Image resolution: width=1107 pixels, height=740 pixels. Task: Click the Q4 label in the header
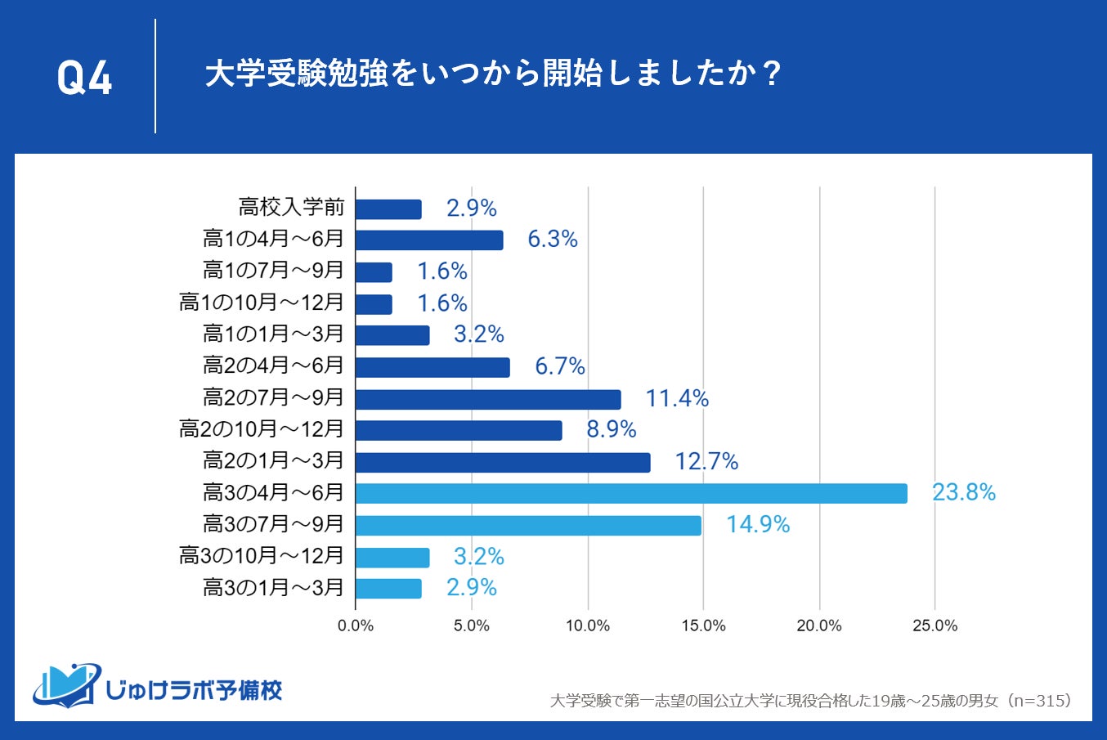click(84, 78)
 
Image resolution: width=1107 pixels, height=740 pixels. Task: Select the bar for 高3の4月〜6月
click(631, 493)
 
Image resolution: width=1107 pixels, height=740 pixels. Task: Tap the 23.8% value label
click(964, 492)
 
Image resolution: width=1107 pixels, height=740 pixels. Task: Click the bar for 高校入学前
click(388, 209)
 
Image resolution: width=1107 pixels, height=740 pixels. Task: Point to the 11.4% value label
click(677, 398)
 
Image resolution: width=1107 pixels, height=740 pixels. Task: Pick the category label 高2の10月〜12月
click(262, 429)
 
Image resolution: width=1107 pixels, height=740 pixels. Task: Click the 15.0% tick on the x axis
click(703, 626)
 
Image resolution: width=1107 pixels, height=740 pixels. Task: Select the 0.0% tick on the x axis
click(356, 626)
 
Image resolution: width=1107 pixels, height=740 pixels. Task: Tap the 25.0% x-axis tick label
click(934, 626)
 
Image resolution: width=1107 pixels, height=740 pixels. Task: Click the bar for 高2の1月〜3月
click(503, 462)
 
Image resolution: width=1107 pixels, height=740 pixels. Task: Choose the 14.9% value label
click(758, 524)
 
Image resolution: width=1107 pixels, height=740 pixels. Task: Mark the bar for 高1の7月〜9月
click(374, 272)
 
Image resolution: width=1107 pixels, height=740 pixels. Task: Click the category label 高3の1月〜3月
click(273, 588)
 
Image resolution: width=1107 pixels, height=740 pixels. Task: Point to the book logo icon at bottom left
click(66, 685)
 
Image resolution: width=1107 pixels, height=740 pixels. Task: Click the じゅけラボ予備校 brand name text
click(194, 691)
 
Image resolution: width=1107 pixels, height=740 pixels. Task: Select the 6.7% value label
click(560, 366)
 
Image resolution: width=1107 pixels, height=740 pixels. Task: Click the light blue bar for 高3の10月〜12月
click(392, 557)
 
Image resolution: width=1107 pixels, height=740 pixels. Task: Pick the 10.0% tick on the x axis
click(587, 626)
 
